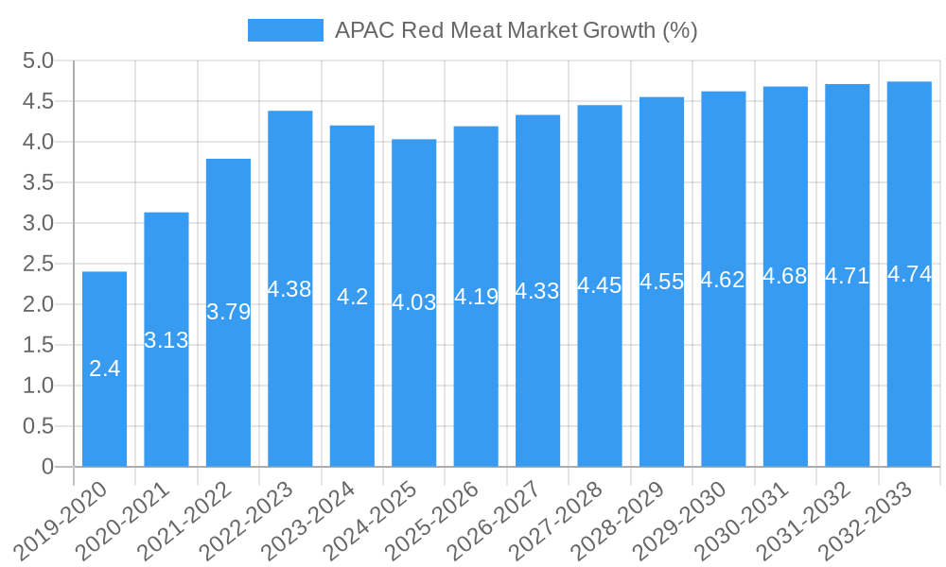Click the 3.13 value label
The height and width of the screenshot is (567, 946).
(166, 340)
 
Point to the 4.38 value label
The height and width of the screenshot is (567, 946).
(289, 289)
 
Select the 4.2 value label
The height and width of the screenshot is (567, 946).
(352, 297)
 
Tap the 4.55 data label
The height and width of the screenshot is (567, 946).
(661, 282)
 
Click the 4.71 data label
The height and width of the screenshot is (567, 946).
(847, 276)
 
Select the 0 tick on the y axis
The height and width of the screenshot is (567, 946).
(47, 467)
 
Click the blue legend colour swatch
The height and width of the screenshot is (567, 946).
(285, 30)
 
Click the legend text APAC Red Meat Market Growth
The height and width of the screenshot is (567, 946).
(516, 30)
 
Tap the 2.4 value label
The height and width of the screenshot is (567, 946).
(104, 369)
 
